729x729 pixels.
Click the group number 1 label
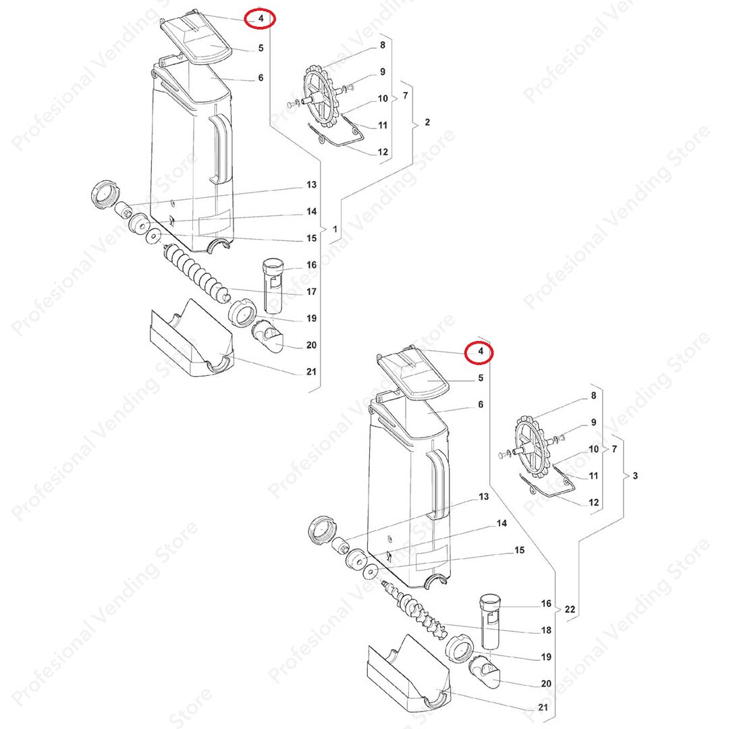pyautogui.click(x=334, y=230)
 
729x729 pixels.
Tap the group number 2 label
pyautogui.click(x=427, y=122)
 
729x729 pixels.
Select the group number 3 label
pyautogui.click(x=635, y=476)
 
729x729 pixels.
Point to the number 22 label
pyautogui.click(x=570, y=609)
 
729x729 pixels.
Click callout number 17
pyautogui.click(x=311, y=292)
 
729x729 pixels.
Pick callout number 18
pyautogui.click(x=547, y=630)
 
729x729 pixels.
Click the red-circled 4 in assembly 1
pyautogui.click(x=260, y=19)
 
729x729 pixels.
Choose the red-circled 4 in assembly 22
pyautogui.click(x=480, y=352)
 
